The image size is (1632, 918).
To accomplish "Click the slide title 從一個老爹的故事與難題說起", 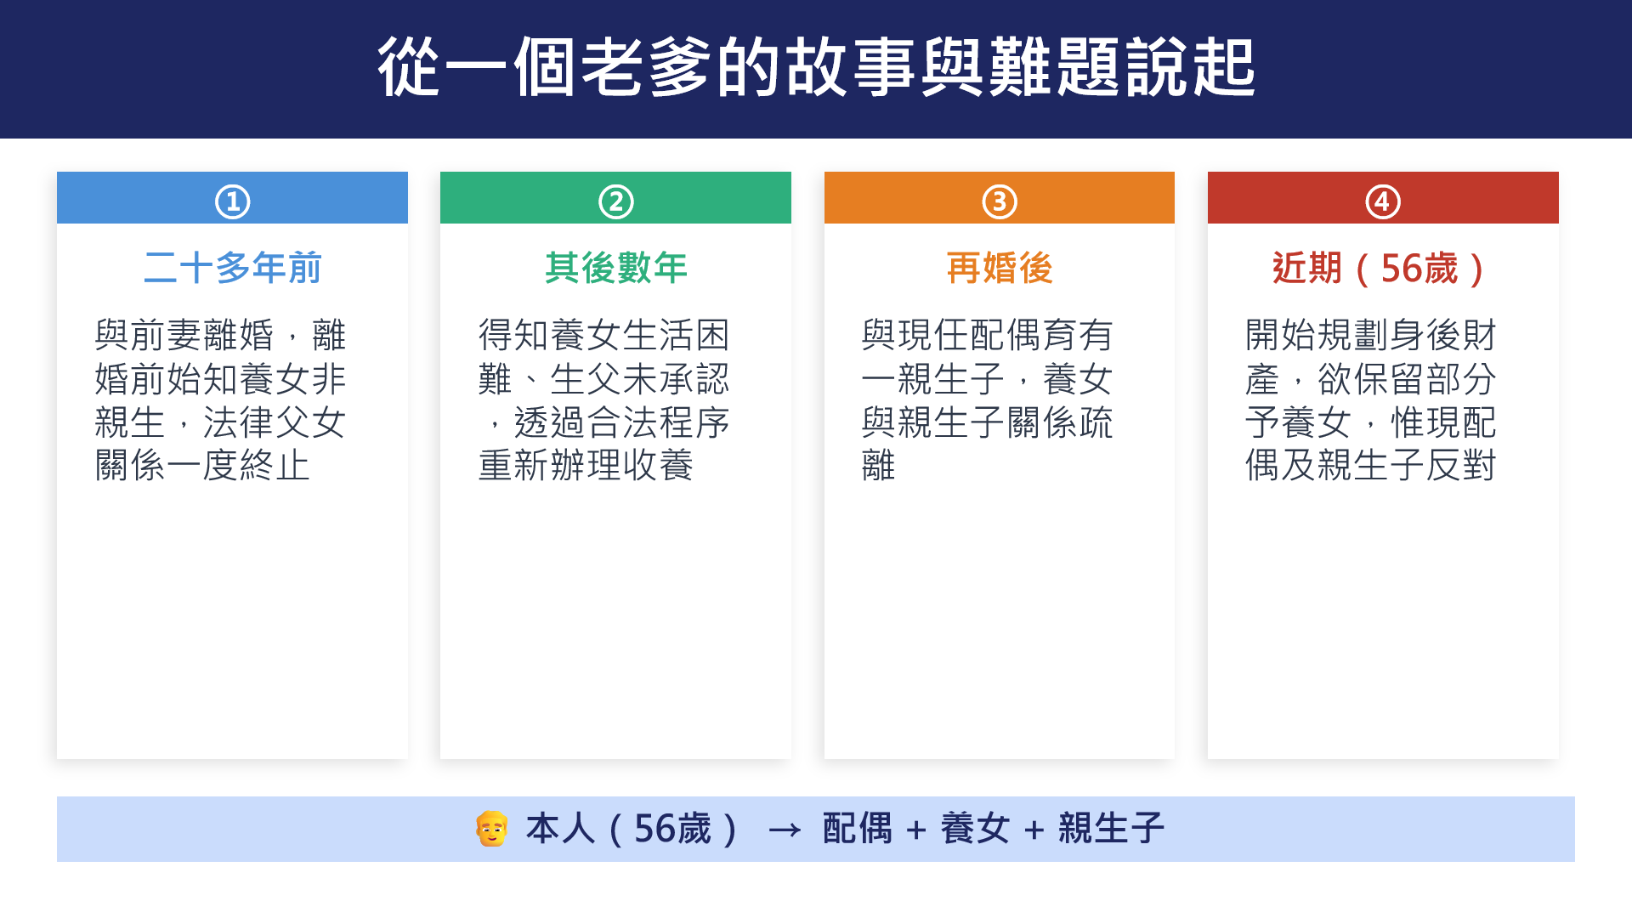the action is click(x=816, y=66).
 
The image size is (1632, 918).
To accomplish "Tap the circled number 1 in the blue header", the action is click(x=232, y=202).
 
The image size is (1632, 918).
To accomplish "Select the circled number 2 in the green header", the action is click(x=616, y=202).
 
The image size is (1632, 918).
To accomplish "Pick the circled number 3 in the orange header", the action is click(x=1000, y=202).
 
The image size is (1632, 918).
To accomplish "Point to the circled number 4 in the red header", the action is click(x=1383, y=202).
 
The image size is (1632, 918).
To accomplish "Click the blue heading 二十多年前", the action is click(x=232, y=268).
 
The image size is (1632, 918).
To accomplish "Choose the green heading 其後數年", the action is click(x=616, y=268).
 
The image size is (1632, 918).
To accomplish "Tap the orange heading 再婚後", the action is click(x=1000, y=268).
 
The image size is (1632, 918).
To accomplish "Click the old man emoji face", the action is click(x=491, y=829).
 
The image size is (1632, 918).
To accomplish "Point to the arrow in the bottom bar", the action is click(x=785, y=830).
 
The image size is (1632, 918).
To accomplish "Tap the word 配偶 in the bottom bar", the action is click(x=858, y=829).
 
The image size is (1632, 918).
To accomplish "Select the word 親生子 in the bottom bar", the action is click(x=1111, y=829).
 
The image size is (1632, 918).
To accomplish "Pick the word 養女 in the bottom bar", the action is click(x=975, y=829).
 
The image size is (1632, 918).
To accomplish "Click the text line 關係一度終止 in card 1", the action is click(x=202, y=465).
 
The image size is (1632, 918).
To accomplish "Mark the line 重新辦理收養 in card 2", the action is click(x=586, y=465).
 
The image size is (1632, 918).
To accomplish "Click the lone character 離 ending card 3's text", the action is click(x=879, y=465).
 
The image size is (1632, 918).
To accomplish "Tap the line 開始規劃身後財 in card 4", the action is click(x=1370, y=335).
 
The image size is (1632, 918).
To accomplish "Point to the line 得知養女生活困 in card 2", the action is click(x=603, y=335).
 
